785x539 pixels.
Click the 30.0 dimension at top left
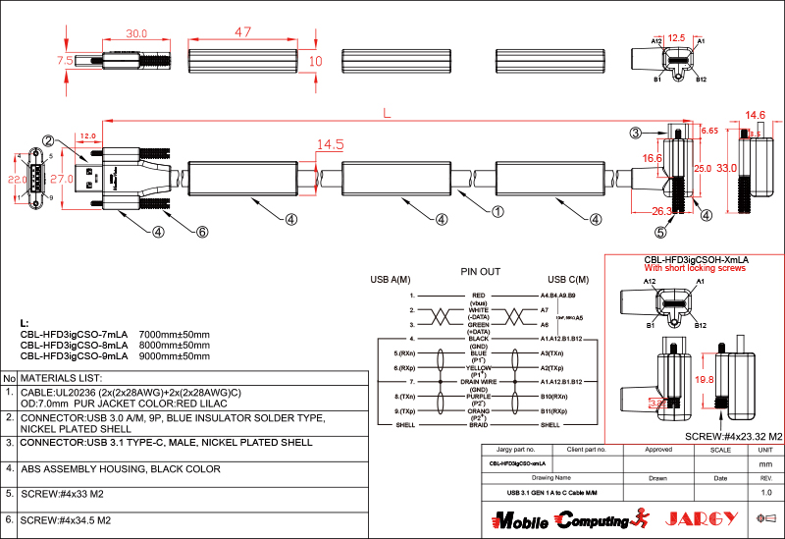[136, 32]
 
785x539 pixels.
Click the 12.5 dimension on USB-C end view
[676, 38]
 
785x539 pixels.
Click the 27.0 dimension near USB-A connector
[62, 180]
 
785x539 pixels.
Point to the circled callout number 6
[202, 233]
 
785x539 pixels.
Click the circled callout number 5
[660, 233]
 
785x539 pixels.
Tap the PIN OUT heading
[480, 271]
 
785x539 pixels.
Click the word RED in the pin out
[479, 295]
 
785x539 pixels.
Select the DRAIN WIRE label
[479, 381]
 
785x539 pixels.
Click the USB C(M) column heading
[568, 280]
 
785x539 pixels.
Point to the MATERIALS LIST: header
[61, 378]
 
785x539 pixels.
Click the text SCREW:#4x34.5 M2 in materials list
[65, 519]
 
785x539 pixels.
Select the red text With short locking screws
[694, 267]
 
